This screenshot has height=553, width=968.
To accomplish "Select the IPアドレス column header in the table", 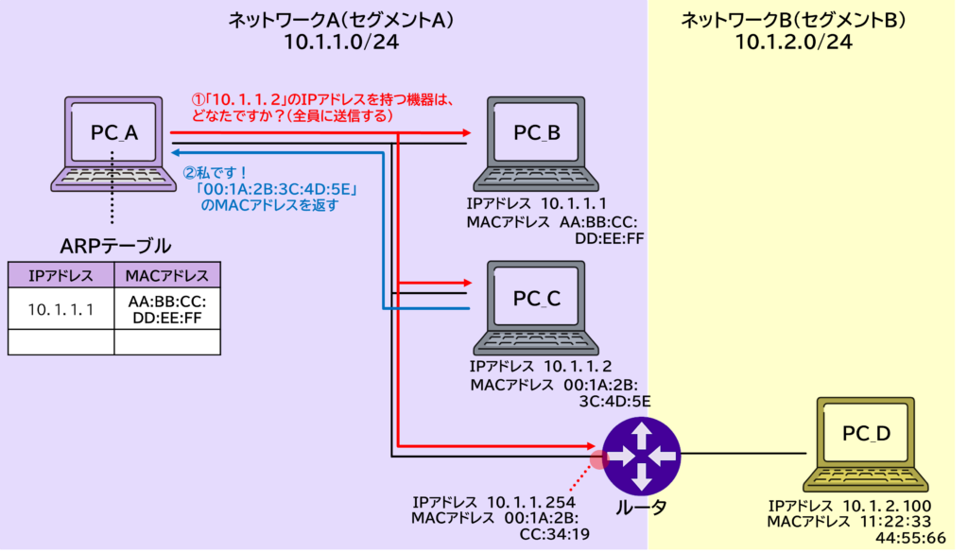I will tap(60, 275).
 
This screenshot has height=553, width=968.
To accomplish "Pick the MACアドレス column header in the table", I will tap(167, 275).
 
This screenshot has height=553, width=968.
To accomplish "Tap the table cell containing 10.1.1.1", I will tap(60, 308).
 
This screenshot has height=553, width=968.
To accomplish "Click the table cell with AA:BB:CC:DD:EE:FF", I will tap(167, 308).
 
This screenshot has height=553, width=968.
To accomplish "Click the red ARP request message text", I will tap(322, 106).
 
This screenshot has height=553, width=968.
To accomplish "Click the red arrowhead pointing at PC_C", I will tap(465, 282).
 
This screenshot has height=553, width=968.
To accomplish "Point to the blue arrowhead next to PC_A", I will tap(176, 150).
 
